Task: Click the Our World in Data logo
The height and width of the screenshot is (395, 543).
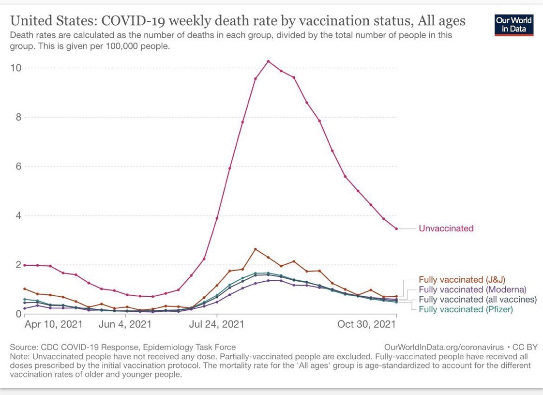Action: [x=514, y=25]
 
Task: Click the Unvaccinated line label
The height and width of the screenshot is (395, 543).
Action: [x=446, y=228]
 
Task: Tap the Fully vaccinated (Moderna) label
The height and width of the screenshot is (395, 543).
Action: [x=472, y=289]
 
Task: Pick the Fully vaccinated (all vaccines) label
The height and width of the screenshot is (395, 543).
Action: [x=477, y=300]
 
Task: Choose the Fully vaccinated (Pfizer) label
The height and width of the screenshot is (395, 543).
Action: [x=466, y=309]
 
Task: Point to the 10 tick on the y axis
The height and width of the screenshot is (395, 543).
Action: [x=16, y=68]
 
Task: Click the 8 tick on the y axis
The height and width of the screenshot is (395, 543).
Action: [x=18, y=117]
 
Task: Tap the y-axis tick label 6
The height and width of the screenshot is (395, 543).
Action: [x=18, y=167]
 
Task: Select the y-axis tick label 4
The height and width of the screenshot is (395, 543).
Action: [x=18, y=215]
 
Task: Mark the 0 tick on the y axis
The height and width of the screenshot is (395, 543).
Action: [x=18, y=314]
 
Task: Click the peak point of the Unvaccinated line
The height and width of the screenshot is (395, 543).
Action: [x=268, y=61]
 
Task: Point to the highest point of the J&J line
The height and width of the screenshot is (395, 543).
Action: [x=256, y=249]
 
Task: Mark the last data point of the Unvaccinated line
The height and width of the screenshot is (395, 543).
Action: [x=396, y=228]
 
